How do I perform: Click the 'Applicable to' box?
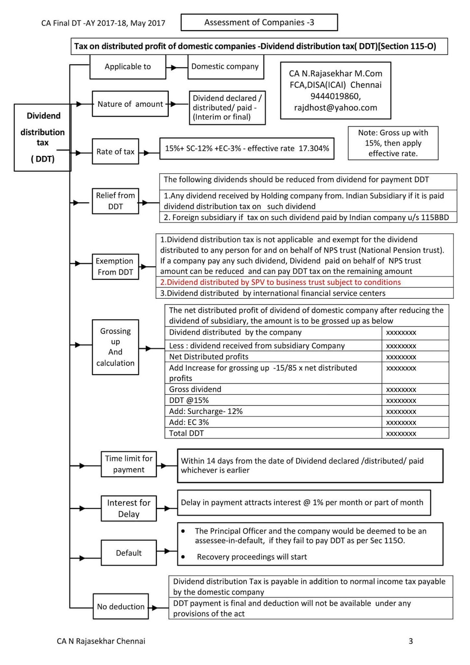(128, 66)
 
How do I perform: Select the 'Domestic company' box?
(225, 66)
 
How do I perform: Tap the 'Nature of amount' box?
(130, 104)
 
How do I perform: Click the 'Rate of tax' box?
(115, 152)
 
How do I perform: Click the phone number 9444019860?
(335, 96)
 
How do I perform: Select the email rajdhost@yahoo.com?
(335, 108)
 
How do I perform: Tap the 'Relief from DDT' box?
(115, 201)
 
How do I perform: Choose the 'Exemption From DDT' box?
(115, 266)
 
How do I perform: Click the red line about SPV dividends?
(281, 282)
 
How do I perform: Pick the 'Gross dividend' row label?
(195, 389)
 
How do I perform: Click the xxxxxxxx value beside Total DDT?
(401, 433)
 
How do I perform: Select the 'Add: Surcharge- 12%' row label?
(206, 411)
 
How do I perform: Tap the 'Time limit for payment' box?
(129, 464)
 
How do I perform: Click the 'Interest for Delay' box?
(129, 508)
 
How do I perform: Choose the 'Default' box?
(129, 553)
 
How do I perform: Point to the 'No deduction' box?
(121, 607)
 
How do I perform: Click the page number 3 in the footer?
(411, 641)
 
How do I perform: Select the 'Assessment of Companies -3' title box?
(259, 22)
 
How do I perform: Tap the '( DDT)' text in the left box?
(42, 159)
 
